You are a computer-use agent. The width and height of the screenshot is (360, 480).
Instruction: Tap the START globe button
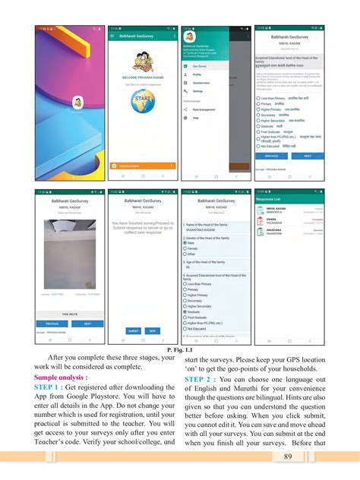click(141, 101)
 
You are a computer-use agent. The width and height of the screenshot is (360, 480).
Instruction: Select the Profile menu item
click(197, 74)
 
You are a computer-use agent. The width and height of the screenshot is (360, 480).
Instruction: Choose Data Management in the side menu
click(204, 109)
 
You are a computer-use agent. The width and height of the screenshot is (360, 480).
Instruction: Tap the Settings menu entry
click(198, 90)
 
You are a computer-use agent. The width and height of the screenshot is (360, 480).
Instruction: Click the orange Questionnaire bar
click(142, 164)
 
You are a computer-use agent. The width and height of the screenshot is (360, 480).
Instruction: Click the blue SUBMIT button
click(133, 331)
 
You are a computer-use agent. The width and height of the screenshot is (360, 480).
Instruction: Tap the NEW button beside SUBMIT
click(152, 331)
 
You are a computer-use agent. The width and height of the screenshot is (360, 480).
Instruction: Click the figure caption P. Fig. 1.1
click(180, 349)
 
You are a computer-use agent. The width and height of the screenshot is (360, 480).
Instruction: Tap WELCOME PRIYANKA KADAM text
click(141, 77)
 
